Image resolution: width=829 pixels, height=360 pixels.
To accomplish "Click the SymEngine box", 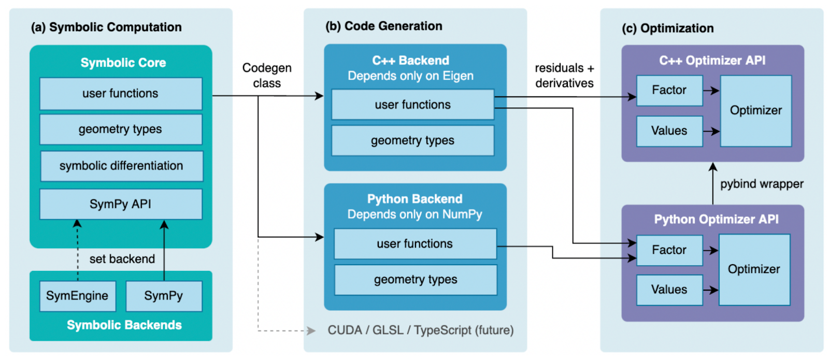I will click(77, 296).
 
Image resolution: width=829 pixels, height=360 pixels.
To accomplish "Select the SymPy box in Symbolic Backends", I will click(164, 296).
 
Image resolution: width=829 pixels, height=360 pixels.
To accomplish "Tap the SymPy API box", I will click(121, 204).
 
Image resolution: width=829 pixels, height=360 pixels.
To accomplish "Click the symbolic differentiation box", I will click(121, 166).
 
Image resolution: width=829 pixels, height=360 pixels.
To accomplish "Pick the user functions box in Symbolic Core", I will click(121, 94).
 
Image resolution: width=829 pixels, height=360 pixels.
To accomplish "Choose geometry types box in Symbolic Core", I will click(121, 129).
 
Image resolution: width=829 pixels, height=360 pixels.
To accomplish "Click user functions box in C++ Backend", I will click(412, 105).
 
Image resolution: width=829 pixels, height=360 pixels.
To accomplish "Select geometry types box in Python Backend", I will click(416, 280).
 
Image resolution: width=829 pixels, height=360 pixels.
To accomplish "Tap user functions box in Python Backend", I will click(415, 244).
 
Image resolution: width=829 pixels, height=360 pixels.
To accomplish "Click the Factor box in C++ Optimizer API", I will click(669, 91).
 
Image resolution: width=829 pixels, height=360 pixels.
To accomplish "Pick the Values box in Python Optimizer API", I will click(669, 290).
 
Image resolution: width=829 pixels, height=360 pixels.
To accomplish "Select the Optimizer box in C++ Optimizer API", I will click(755, 111).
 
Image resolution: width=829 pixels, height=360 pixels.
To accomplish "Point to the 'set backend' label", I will click(122, 259).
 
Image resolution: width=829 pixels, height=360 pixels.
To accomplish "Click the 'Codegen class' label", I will click(267, 76).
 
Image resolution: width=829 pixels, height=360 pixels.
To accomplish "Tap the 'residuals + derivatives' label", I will click(564, 76).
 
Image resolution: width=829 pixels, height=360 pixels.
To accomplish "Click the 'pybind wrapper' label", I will click(762, 184).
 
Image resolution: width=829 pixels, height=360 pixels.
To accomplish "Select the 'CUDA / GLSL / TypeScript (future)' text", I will click(420, 330).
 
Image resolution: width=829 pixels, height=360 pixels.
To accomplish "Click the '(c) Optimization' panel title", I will click(668, 28).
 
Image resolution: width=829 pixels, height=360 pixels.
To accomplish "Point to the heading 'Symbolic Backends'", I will click(124, 325).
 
